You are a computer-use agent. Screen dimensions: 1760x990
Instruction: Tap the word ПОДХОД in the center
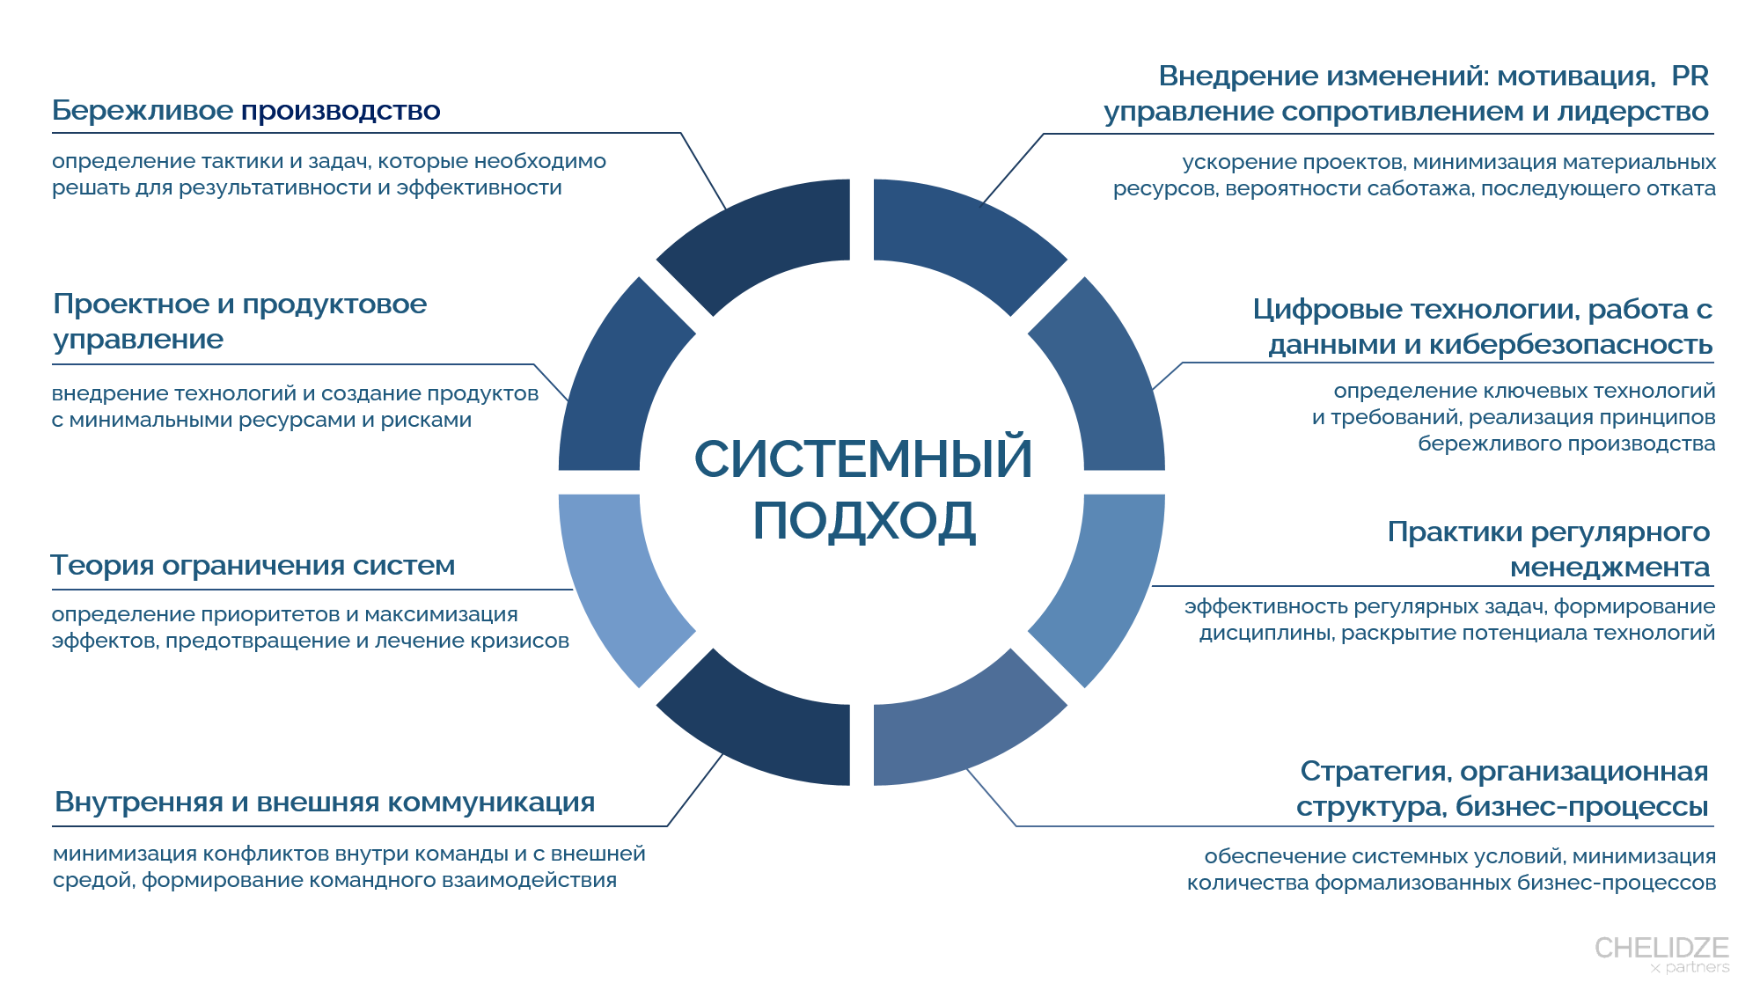[864, 520]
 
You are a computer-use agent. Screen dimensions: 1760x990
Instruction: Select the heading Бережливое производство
[246, 111]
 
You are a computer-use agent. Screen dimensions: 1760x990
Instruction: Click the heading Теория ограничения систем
[253, 565]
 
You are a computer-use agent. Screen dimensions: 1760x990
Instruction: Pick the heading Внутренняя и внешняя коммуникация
[325, 802]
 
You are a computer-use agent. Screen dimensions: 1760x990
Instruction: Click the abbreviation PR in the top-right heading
[1690, 76]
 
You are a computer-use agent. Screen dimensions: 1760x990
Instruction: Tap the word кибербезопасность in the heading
[1571, 344]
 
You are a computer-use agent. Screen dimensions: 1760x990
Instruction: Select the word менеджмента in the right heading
[1610, 568]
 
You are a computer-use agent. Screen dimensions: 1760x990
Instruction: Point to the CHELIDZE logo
[1662, 954]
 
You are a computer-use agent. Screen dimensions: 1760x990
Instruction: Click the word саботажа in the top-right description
[1429, 188]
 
